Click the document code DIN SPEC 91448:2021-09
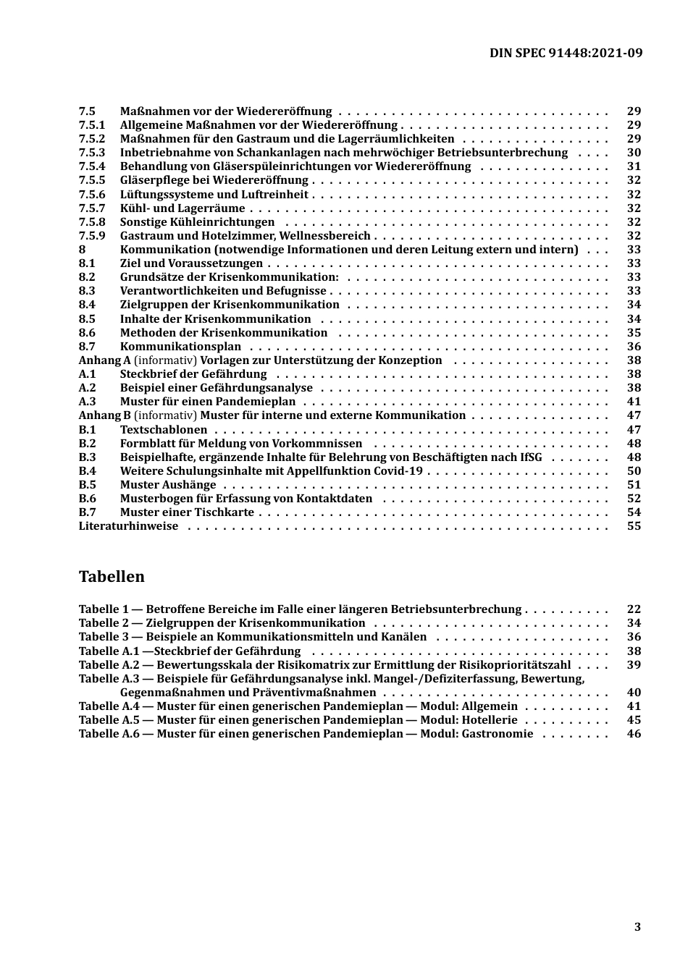566,53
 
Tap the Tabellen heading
112,577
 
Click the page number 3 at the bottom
637,927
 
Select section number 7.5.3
92,153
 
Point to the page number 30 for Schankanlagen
634,153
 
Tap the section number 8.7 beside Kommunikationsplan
87,347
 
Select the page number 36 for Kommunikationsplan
634,347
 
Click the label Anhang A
104,360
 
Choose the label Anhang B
104,415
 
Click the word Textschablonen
164,430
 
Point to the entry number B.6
87,499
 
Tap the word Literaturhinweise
128,526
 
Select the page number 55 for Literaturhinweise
634,526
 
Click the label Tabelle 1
103,609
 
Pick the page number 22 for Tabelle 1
634,609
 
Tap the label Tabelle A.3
109,679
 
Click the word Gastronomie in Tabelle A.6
498,734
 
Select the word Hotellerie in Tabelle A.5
490,720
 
